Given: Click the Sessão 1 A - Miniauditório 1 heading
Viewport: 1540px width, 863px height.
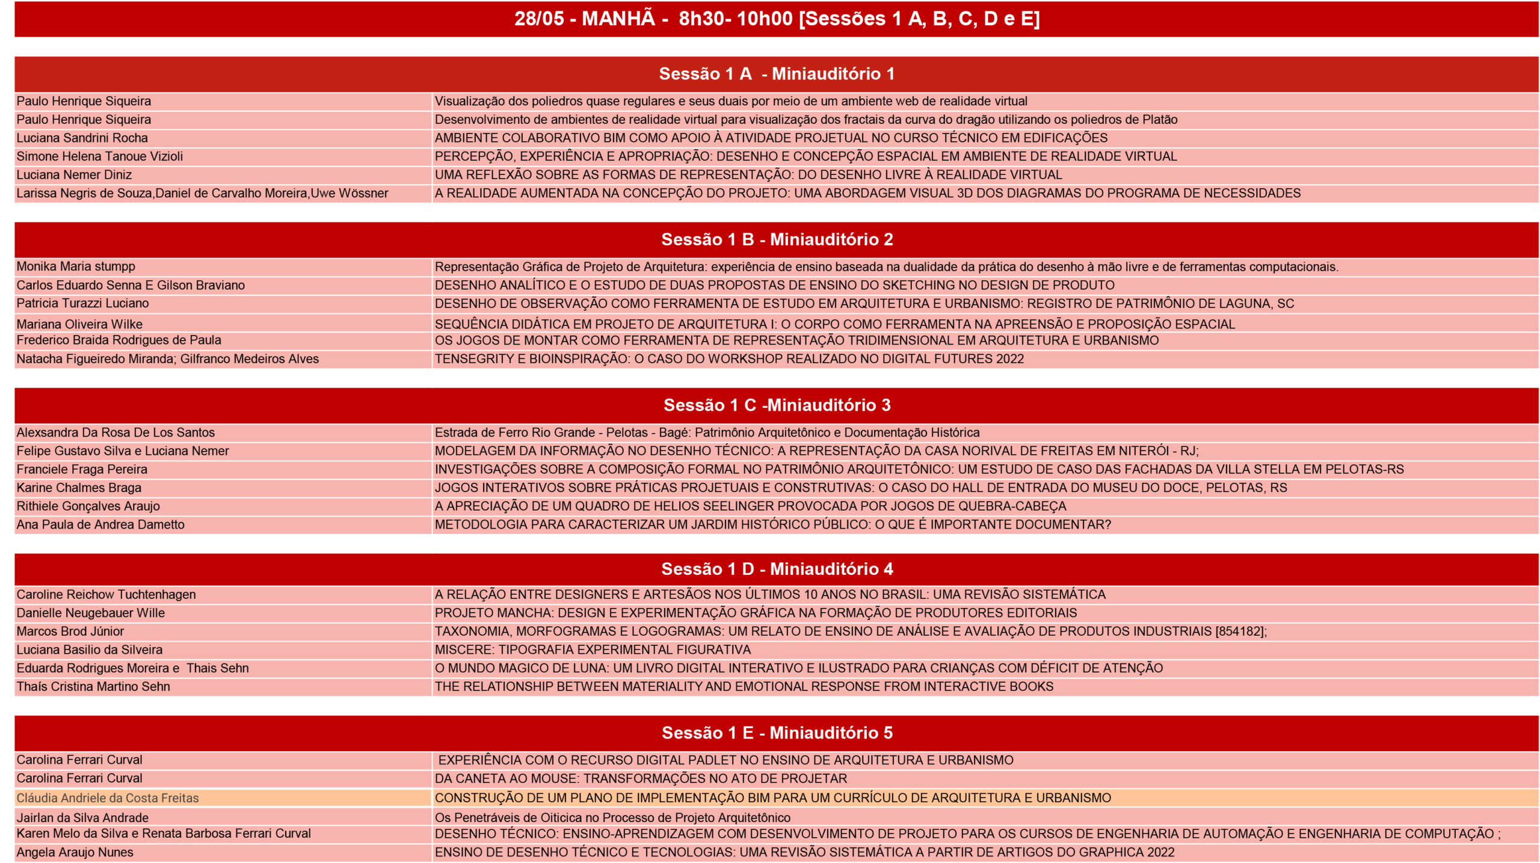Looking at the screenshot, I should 776,74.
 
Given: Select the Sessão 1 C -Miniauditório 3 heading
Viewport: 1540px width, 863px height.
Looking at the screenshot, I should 776,405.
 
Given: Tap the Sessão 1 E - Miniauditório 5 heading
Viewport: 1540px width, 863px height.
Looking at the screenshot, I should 776,732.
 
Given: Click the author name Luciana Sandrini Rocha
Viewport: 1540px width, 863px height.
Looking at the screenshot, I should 82,138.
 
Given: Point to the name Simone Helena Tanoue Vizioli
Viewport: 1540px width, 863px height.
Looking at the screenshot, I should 100,156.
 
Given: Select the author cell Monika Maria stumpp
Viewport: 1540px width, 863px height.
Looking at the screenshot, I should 76,266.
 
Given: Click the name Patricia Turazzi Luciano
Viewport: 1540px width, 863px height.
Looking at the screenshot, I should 83,303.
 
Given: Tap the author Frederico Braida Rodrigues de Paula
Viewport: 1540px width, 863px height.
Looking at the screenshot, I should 119,340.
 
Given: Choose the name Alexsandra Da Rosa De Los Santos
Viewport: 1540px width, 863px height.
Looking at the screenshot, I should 115,432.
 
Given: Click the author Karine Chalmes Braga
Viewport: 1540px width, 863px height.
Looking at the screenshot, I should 79,488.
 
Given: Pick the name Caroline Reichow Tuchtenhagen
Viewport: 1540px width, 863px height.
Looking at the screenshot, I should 106,594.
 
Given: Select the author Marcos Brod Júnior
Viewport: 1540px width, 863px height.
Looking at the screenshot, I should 70,631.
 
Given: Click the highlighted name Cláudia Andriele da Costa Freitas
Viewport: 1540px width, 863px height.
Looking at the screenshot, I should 108,798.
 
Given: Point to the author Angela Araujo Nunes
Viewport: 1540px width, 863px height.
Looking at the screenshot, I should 75,852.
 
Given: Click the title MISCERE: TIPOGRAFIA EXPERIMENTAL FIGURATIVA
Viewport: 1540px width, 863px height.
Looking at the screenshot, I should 593,650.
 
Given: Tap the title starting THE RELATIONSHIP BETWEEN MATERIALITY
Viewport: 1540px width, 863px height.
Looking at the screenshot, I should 744,686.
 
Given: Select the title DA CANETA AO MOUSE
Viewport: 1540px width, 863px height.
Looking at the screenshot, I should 641,778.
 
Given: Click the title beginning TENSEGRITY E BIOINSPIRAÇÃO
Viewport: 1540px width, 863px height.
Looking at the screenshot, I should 729,359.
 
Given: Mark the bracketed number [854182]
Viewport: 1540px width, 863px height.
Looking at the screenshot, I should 1240,631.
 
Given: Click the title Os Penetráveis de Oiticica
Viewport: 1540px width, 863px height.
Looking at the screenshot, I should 612,818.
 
